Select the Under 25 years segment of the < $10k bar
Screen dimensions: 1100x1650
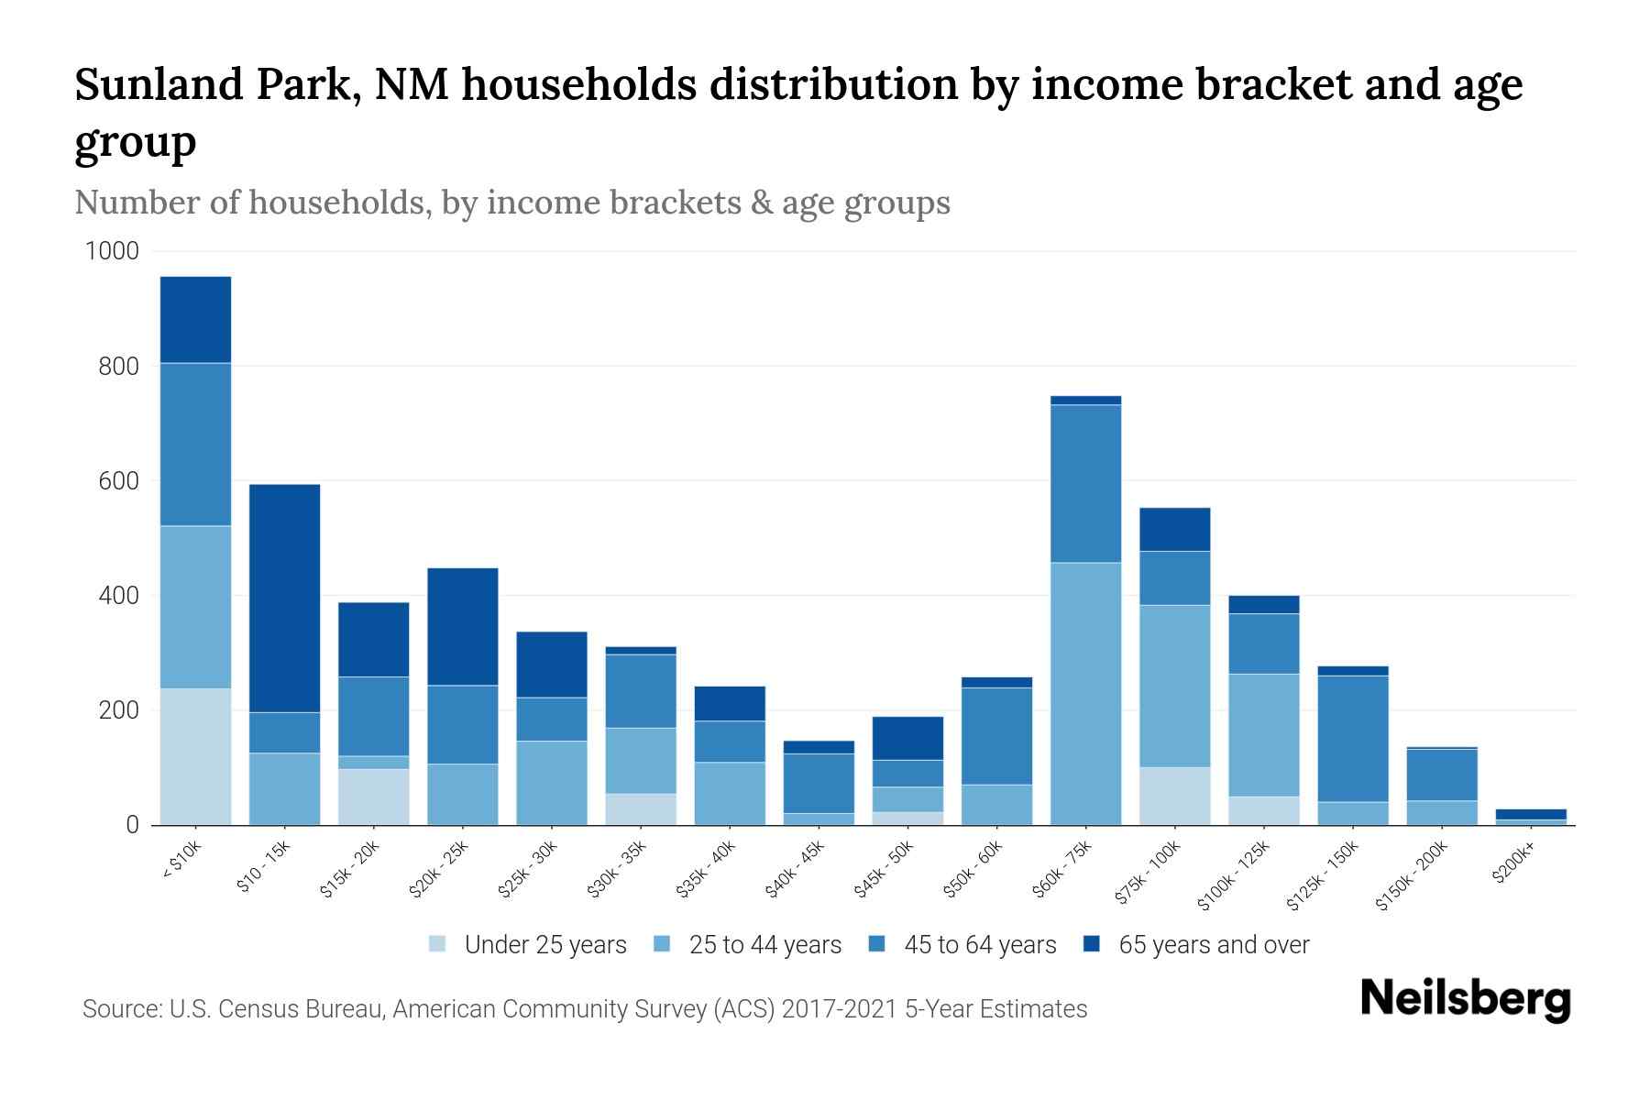[x=195, y=756]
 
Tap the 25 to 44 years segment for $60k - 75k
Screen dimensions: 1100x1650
[x=1085, y=693]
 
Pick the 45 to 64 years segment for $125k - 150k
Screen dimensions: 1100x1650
[x=1352, y=738]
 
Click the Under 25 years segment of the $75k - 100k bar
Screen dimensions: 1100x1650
[x=1174, y=796]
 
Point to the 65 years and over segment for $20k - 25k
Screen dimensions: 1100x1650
[x=463, y=626]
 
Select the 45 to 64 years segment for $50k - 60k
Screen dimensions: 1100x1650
[x=996, y=735]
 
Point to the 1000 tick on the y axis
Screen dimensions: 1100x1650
[x=112, y=251]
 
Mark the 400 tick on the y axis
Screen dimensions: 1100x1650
[x=118, y=596]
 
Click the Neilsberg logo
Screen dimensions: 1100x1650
[x=1465, y=999]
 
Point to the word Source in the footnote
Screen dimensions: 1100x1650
[x=120, y=1009]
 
